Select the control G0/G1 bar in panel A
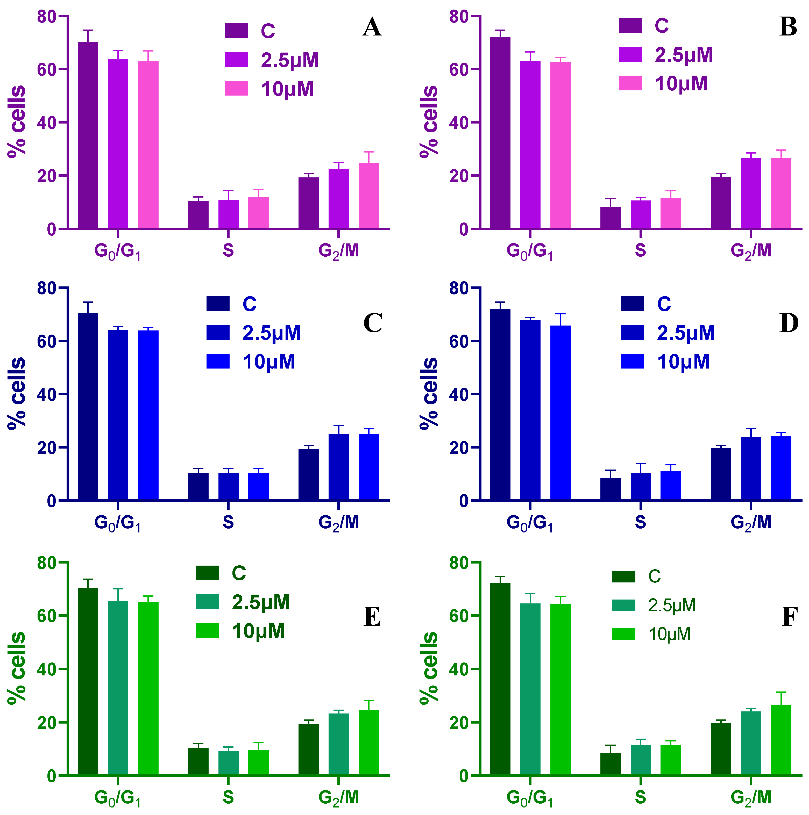[x=88, y=135]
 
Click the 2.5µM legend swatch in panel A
[x=236, y=60]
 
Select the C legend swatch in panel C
[x=218, y=304]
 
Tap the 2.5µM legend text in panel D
[x=685, y=333]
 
